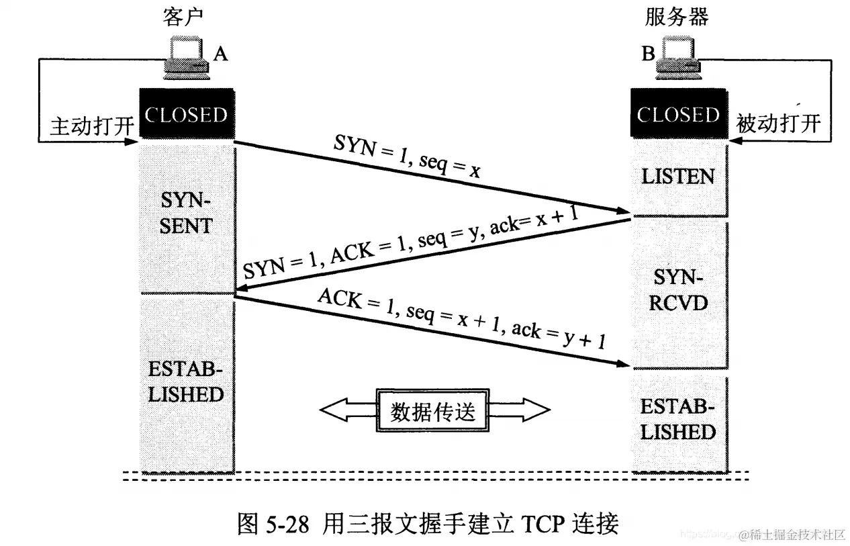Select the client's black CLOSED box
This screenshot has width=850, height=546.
pos(186,115)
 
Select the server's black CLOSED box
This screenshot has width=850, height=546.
pos(678,115)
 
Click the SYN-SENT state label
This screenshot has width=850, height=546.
pos(186,213)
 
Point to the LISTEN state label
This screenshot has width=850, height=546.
pos(678,177)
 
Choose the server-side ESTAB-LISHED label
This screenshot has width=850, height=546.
pos(677,419)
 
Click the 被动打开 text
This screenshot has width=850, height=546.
pos(779,124)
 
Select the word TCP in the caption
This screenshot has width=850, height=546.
pos(534,522)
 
